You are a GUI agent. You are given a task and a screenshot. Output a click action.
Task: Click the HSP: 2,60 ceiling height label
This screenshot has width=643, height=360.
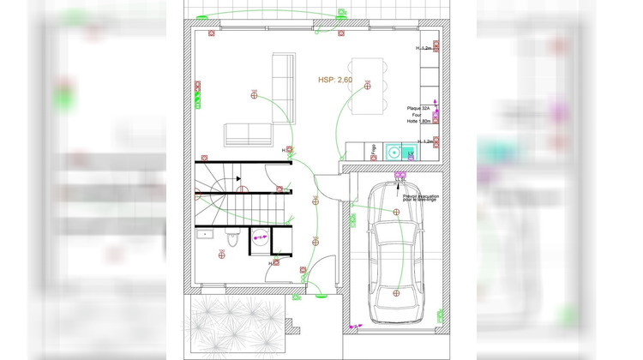[335, 80]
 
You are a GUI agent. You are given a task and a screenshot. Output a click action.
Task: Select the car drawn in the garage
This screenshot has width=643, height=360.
[396, 257]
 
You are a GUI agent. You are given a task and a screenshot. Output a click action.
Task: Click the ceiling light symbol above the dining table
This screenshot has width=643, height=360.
[367, 84]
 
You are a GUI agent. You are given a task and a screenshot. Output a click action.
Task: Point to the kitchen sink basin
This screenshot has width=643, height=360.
[394, 153]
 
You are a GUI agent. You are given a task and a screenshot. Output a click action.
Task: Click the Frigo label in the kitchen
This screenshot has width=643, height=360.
[374, 152]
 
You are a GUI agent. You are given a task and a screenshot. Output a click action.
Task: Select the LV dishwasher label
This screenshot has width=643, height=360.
[411, 153]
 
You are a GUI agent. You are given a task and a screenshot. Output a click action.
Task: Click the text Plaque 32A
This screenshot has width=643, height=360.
[419, 108]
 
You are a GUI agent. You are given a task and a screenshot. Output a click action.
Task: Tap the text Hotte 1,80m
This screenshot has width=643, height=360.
[419, 122]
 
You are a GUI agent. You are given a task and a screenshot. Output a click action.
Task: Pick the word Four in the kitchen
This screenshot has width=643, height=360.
[417, 115]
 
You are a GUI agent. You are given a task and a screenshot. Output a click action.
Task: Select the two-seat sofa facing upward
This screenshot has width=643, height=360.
[248, 134]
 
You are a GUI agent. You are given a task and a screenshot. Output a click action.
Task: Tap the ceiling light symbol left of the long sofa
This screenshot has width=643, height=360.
[254, 93]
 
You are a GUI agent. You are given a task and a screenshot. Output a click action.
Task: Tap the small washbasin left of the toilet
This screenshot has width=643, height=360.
[207, 232]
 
